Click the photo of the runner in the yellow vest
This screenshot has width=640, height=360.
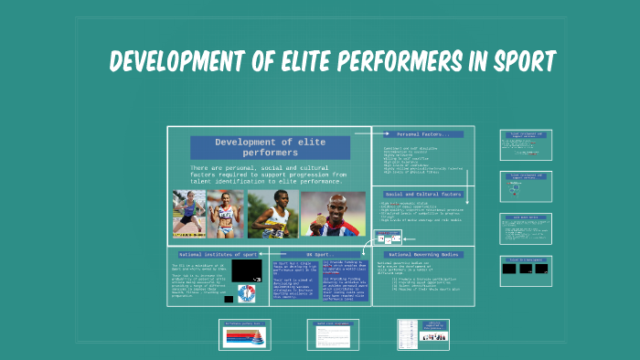[272, 214]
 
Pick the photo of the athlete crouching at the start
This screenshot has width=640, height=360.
[188, 214]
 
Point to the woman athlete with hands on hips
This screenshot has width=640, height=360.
[224, 214]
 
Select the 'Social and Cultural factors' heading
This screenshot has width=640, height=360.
[423, 195]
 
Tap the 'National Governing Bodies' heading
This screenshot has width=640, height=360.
[423, 254]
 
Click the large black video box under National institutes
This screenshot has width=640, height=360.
[246, 271]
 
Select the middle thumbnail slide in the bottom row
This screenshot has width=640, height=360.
[335, 334]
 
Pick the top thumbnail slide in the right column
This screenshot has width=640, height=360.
[525, 144]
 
